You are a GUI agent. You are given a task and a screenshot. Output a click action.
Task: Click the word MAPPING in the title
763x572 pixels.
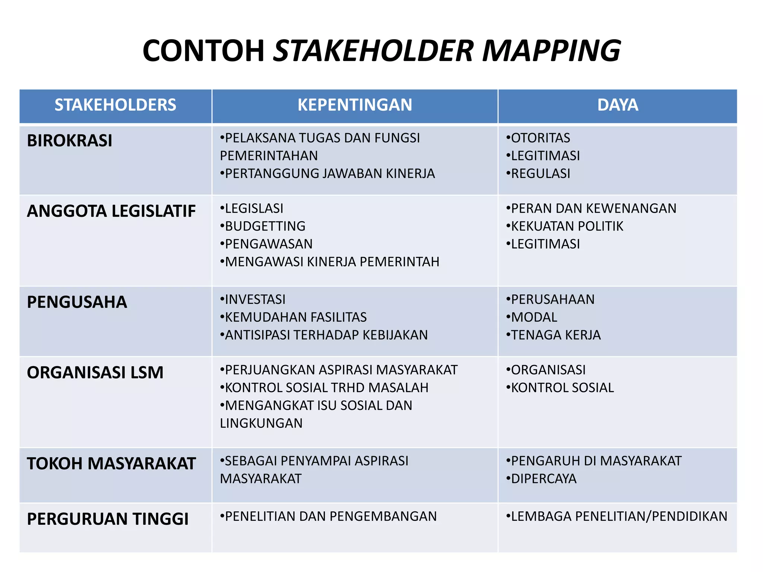point(551,51)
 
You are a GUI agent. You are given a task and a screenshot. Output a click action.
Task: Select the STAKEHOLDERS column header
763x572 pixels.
point(115,105)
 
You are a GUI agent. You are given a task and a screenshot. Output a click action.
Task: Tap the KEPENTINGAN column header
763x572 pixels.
point(355,105)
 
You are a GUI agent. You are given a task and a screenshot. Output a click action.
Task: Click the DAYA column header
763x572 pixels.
point(618,105)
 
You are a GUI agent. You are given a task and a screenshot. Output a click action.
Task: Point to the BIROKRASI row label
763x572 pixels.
point(70,141)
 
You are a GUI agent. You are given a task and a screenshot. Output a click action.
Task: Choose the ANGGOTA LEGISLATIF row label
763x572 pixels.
point(111,211)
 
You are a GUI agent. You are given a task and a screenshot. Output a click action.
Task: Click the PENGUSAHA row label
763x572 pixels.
point(77,302)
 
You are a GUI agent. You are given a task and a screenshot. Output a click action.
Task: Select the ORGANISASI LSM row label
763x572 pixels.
point(95,372)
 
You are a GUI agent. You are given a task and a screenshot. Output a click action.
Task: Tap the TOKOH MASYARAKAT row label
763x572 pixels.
point(111,464)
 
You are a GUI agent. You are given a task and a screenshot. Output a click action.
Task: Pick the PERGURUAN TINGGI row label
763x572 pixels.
point(108,519)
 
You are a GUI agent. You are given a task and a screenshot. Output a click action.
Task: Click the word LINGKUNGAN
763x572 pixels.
point(261,423)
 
